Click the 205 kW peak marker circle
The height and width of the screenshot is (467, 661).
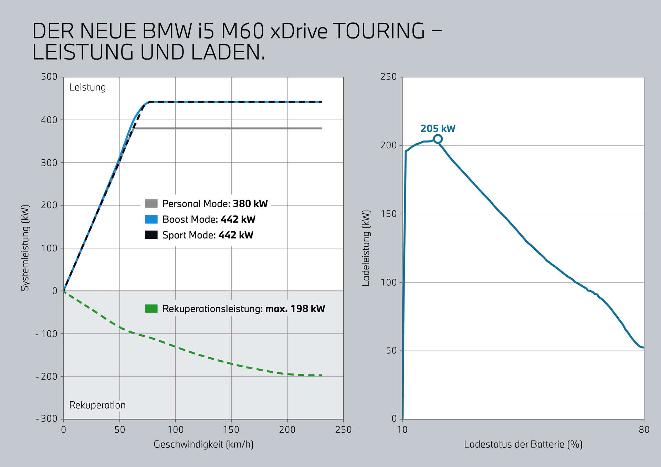click(438, 139)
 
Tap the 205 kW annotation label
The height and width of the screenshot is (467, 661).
click(438, 129)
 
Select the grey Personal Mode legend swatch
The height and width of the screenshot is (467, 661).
click(151, 203)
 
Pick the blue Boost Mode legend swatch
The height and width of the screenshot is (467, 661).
click(151, 219)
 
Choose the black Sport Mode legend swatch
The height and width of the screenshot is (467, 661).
click(151, 235)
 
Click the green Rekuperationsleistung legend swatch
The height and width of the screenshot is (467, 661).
click(151, 308)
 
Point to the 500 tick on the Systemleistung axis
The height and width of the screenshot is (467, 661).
click(49, 77)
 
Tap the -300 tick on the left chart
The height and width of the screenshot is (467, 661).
click(47, 419)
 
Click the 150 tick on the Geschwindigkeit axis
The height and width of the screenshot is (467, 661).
click(231, 429)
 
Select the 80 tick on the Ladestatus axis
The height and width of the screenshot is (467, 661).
click(644, 429)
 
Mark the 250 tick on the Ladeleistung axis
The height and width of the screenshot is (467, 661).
click(388, 77)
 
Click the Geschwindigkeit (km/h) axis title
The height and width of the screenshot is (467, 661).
click(203, 444)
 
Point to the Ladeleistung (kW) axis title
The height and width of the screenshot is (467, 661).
click(366, 248)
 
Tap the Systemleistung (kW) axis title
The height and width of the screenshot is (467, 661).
click(25, 248)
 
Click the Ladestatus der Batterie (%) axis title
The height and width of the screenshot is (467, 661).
click(523, 444)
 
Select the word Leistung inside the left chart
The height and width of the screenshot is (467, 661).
click(87, 87)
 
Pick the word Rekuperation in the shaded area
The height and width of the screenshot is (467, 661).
click(97, 405)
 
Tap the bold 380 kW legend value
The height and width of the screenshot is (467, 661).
click(250, 204)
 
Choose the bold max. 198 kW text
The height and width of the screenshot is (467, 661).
click(295, 309)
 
